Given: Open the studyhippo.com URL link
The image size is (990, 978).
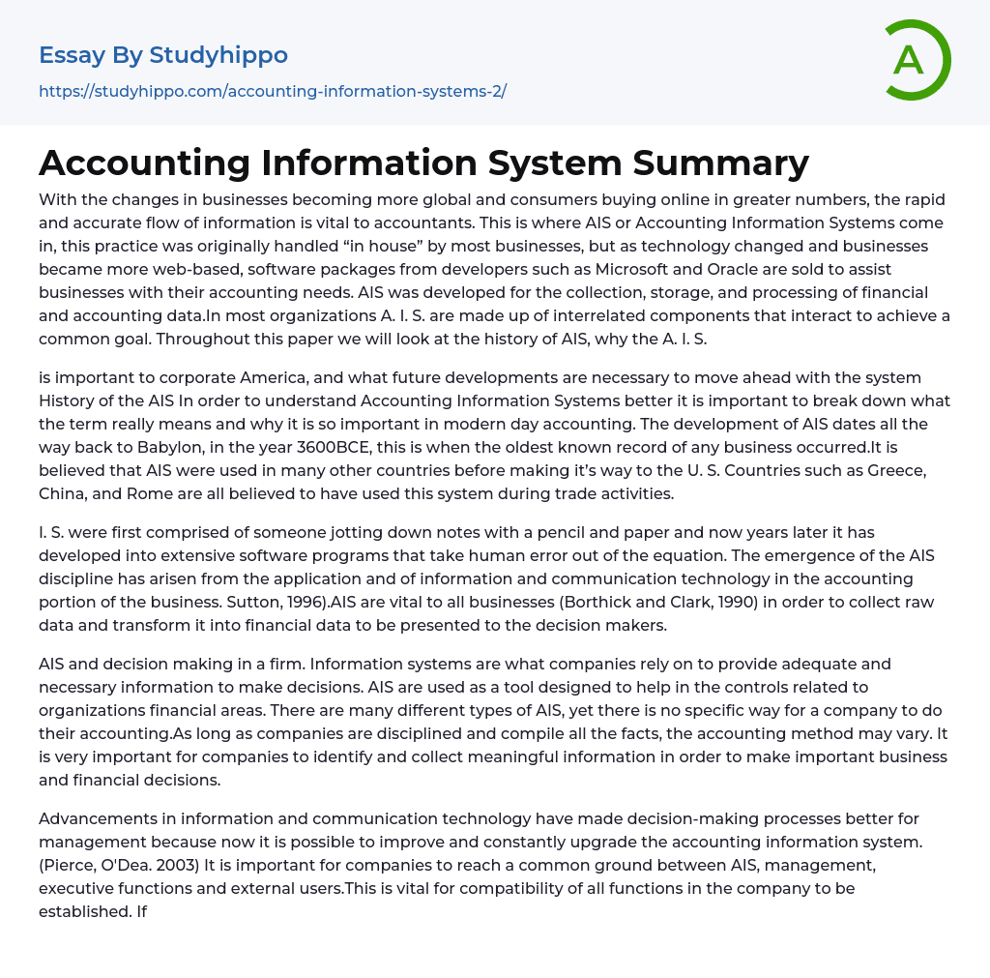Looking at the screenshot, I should (x=273, y=91).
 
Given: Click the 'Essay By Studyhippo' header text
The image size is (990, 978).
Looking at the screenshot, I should (x=163, y=55).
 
